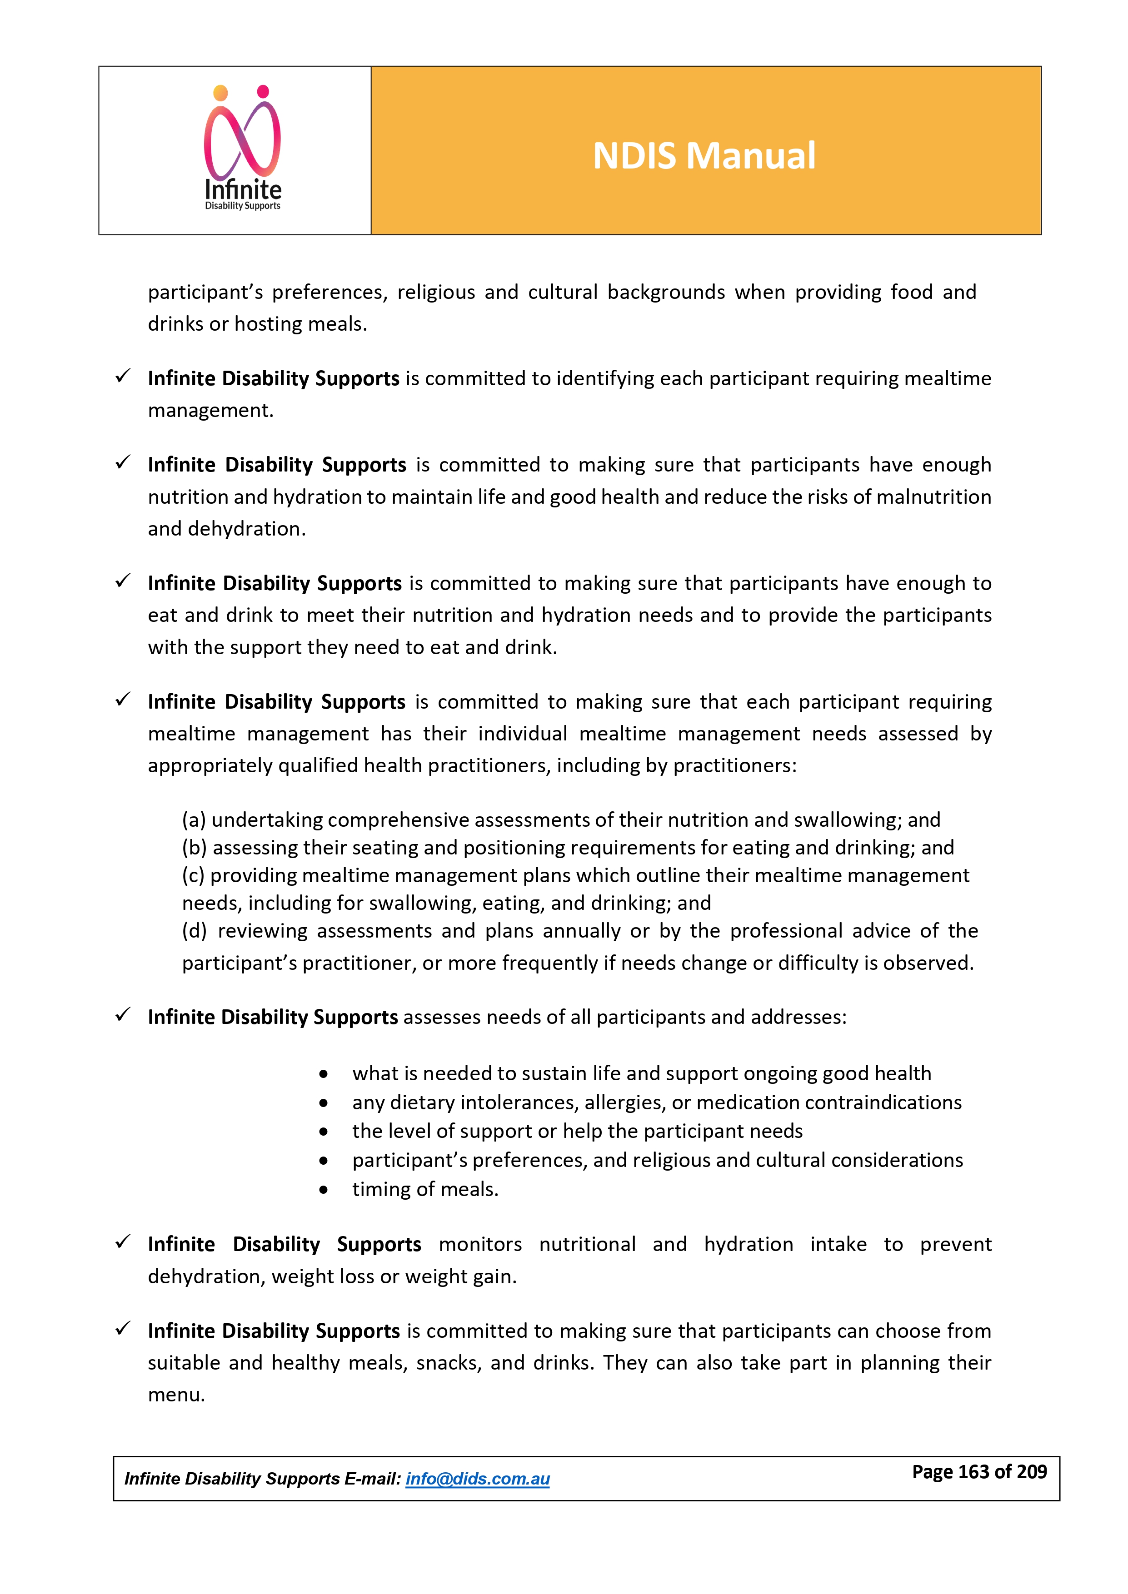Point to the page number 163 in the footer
click(x=973, y=1472)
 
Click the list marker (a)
click(x=194, y=820)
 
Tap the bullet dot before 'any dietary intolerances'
click(x=324, y=1103)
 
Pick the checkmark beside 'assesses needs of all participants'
click(x=123, y=1015)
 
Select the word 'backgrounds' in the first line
click(x=666, y=292)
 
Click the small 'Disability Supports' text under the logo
click(x=242, y=206)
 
